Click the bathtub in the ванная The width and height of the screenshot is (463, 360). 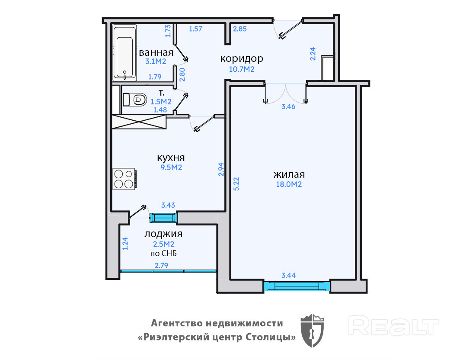coord(125,53)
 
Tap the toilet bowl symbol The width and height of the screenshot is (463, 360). coord(135,100)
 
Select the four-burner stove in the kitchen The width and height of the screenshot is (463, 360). coord(125,179)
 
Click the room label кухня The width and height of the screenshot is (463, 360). coord(171,157)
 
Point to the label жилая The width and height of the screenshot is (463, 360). coord(289,174)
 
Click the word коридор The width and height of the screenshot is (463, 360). coord(242,58)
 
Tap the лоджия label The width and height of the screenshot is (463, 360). coord(163,234)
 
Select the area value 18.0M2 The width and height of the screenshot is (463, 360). coord(289,184)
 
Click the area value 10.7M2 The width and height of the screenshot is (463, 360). coord(242,69)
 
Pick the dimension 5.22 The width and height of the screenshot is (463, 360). coord(236,183)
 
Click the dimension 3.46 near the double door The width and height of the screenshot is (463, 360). coord(288,106)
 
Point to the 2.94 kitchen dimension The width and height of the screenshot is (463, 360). coord(221,169)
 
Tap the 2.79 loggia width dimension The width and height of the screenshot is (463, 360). coord(162,265)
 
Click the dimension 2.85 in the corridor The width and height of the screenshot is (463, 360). coord(240,29)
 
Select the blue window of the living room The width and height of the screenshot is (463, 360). coord(297,286)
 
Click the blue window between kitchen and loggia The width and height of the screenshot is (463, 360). coord(163,218)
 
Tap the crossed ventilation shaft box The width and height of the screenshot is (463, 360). coord(139,122)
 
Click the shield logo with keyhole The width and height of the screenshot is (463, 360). coord(312,331)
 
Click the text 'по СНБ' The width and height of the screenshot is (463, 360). coord(163,253)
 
